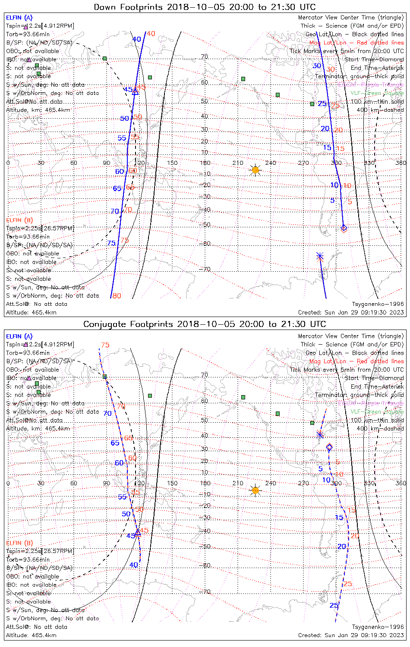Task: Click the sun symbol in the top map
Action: pyautogui.click(x=255, y=170)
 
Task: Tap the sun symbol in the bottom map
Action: pyautogui.click(x=255, y=490)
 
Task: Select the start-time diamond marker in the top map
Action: pyautogui.click(x=344, y=228)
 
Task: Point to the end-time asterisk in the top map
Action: pyautogui.click(x=320, y=256)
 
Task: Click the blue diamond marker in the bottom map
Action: pyautogui.click(x=329, y=447)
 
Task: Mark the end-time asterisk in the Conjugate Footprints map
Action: pyautogui.click(x=320, y=434)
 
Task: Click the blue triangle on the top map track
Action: pyautogui.click(x=135, y=91)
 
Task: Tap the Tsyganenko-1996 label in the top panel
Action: pyautogui.click(x=378, y=304)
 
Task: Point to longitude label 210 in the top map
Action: pyautogui.click(x=238, y=163)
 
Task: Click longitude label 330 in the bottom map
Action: pyautogui.click(x=369, y=483)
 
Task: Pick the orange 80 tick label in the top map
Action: pyautogui.click(x=117, y=296)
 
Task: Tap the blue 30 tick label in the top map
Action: pyautogui.click(x=317, y=66)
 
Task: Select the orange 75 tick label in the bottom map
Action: pyautogui.click(x=105, y=345)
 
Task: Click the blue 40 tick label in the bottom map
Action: pyautogui.click(x=134, y=565)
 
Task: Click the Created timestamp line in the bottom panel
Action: pyautogui.click(x=351, y=635)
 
